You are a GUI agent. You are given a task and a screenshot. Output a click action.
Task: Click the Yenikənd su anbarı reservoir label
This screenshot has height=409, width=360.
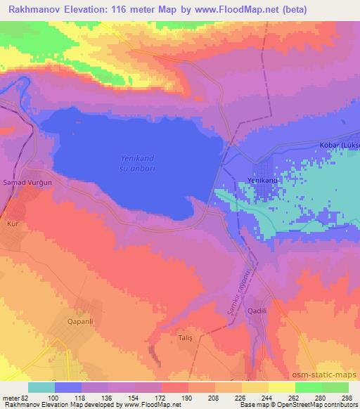(138, 164)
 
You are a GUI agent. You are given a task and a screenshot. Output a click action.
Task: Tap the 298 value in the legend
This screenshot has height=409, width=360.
(345, 398)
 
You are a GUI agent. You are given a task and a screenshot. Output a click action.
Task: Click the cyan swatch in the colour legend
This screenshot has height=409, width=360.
(41, 387)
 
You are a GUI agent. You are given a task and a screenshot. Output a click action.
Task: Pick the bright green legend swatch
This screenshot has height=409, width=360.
(309, 387)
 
